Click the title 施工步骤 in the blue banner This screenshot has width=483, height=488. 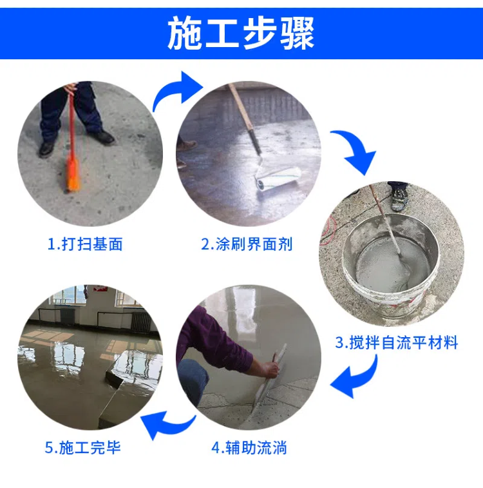click(x=241, y=34)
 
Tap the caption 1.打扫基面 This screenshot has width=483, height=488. click(x=85, y=244)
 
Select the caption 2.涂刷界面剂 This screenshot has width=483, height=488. click(x=247, y=244)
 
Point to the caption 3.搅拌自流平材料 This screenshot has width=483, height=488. click(x=397, y=342)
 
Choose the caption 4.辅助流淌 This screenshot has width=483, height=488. click(x=249, y=447)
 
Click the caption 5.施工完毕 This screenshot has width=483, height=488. click(x=82, y=447)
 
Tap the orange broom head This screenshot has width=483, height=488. click(x=73, y=175)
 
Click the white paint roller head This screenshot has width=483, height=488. click(x=278, y=180)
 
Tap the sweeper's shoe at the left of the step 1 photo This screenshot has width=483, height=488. click(x=46, y=149)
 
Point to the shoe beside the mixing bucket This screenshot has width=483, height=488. click(x=399, y=199)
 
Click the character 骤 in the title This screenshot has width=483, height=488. click(x=298, y=34)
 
